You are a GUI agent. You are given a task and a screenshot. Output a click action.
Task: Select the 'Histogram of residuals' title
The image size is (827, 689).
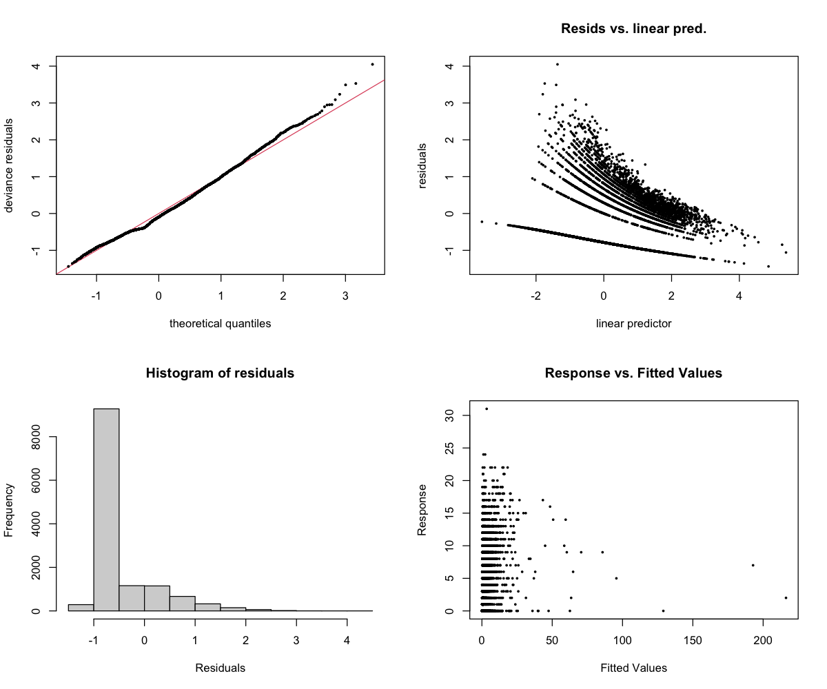click(x=220, y=373)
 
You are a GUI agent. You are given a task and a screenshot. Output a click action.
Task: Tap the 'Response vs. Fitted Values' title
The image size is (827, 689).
click(x=633, y=373)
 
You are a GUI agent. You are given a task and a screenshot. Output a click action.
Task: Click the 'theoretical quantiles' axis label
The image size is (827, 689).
click(x=220, y=323)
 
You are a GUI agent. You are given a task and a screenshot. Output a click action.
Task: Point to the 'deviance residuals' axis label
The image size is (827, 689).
click(x=10, y=165)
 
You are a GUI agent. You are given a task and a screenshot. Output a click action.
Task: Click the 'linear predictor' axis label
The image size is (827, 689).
click(x=633, y=323)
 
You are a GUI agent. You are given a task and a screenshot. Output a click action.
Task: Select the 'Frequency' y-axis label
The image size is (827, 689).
click(x=10, y=510)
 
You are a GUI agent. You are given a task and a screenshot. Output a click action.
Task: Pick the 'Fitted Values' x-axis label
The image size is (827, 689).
click(x=633, y=668)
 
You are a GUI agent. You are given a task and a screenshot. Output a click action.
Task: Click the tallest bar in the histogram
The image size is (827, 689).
click(x=106, y=510)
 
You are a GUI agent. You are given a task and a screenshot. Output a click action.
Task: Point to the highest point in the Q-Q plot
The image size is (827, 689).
click(x=372, y=64)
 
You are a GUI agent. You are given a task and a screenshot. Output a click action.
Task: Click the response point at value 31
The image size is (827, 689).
click(x=487, y=409)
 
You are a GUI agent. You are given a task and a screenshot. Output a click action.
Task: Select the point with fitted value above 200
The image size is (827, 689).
click(x=786, y=598)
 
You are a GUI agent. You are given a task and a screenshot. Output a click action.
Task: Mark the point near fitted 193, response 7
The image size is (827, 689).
click(x=753, y=565)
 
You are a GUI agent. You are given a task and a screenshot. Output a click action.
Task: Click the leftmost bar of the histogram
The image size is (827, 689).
click(x=81, y=607)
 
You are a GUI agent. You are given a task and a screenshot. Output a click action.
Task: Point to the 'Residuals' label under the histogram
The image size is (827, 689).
click(x=220, y=668)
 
